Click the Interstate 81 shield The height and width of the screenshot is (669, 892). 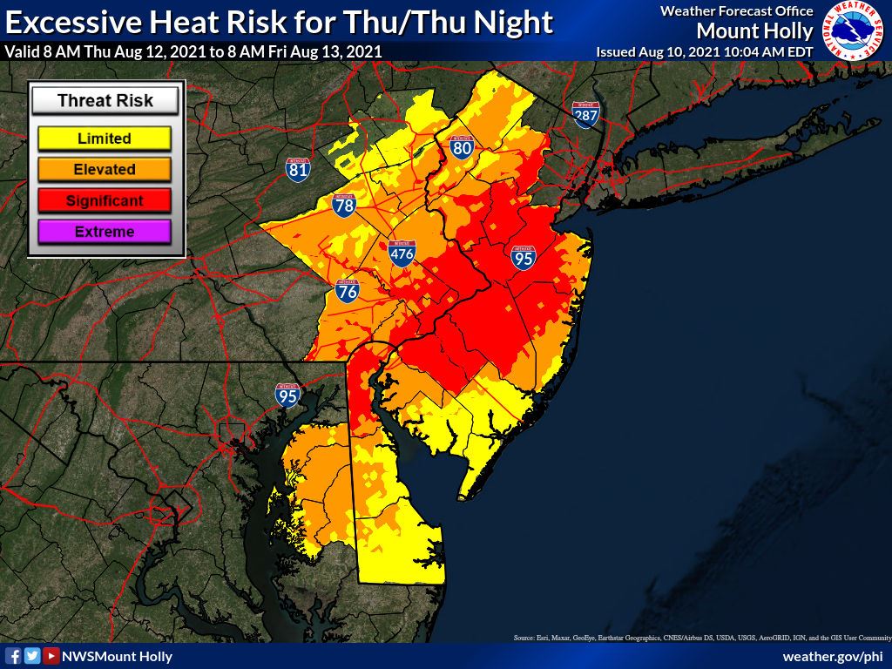click(x=298, y=169)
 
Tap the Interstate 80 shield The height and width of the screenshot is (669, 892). click(x=462, y=147)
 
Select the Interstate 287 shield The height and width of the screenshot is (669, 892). click(x=585, y=113)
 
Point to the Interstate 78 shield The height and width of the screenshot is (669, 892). click(x=344, y=206)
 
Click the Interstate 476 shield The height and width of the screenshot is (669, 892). click(x=402, y=253)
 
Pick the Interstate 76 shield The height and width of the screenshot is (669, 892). click(x=348, y=291)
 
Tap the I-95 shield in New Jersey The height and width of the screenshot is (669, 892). click(x=524, y=256)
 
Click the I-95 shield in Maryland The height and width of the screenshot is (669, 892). click(x=287, y=395)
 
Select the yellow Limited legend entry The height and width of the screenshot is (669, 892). click(x=105, y=139)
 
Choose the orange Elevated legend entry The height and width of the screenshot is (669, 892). click(x=105, y=169)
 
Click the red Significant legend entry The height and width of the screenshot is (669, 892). click(x=105, y=200)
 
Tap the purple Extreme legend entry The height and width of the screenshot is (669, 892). click(x=105, y=232)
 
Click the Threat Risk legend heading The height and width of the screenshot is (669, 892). click(x=105, y=101)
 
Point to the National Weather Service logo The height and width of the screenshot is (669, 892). click(x=854, y=31)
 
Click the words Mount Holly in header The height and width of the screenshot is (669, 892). click(x=754, y=31)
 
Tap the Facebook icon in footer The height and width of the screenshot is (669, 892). click(x=13, y=656)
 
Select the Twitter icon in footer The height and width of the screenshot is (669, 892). click(x=32, y=656)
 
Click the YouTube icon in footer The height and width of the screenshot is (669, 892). click(x=51, y=656)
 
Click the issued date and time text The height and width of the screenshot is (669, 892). click(x=704, y=51)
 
